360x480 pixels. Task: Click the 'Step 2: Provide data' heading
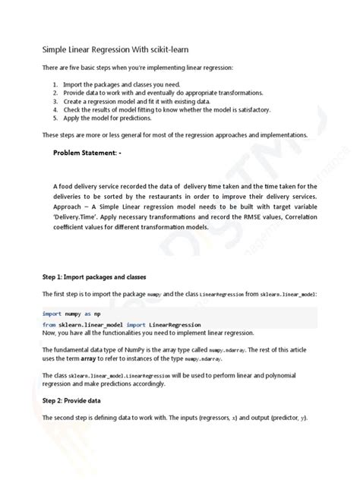click(x=77, y=399)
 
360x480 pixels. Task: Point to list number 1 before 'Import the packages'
click(x=56, y=84)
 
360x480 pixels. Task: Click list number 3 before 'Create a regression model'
click(x=56, y=101)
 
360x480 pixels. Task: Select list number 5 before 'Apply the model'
click(x=56, y=118)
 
